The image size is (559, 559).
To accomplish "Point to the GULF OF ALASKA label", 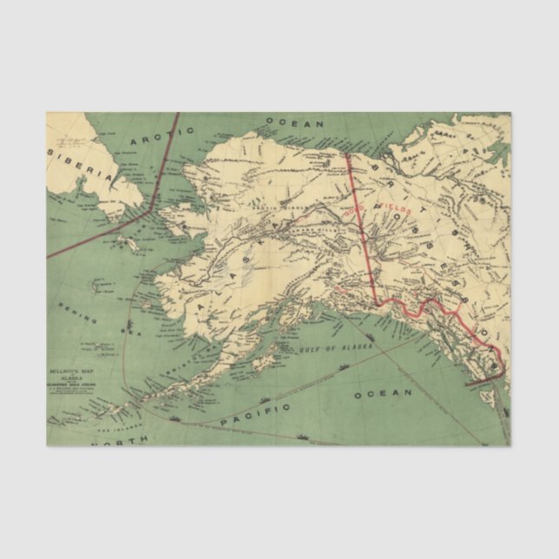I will pos(330,347).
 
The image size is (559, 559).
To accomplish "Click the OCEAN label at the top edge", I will pos(294,123).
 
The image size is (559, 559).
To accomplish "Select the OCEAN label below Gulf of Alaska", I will pos(382,393).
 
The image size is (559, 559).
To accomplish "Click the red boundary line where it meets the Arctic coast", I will pos(347,155).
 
